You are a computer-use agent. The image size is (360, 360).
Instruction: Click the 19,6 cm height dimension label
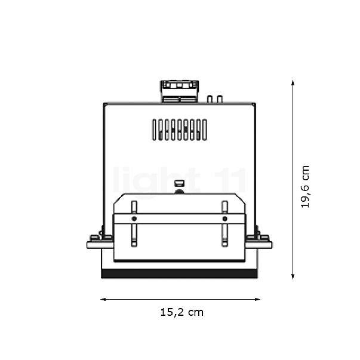click(305, 186)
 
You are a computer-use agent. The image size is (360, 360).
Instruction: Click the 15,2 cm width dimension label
click(181, 312)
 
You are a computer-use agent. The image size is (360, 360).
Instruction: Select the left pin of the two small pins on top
click(210, 99)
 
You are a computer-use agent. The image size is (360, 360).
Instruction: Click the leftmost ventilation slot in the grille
click(153, 130)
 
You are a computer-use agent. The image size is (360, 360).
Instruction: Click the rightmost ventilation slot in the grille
click(204, 130)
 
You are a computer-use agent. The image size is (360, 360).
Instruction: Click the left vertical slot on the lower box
click(133, 224)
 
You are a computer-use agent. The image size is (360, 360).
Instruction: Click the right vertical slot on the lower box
click(224, 224)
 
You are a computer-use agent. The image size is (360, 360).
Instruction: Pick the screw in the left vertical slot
click(133, 219)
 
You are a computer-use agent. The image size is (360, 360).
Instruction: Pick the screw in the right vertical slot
click(224, 219)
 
